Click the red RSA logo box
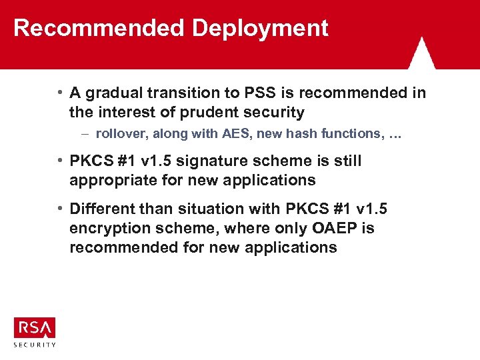[35, 327]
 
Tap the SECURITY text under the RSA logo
[35, 344]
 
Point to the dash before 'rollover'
[87, 133]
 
